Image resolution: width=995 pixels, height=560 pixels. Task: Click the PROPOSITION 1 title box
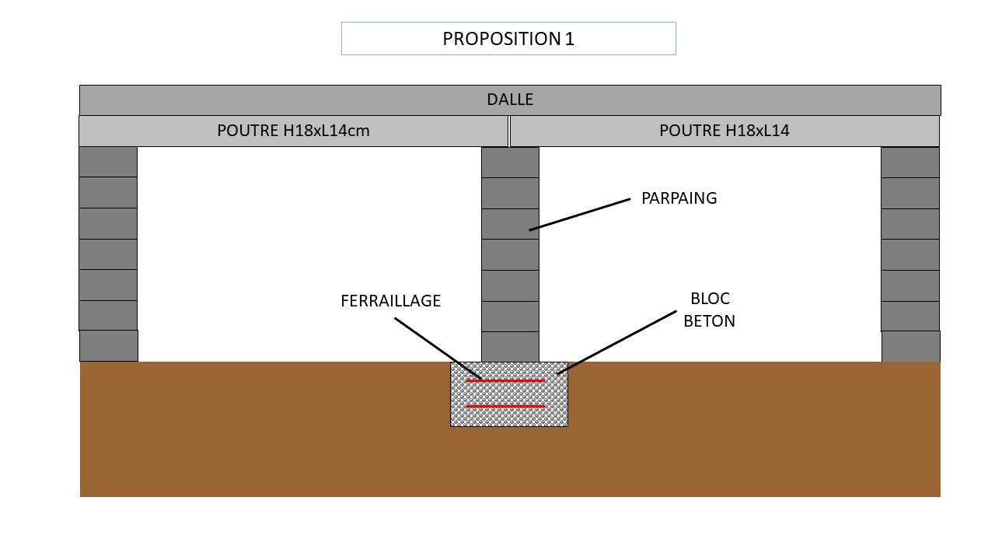[x=508, y=39]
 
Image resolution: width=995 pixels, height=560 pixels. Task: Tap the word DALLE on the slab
[x=510, y=100]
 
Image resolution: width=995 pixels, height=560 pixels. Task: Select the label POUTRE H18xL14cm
[x=293, y=131]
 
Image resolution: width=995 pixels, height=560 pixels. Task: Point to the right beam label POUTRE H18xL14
[x=724, y=131]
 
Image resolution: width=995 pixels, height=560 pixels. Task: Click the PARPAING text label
[x=679, y=198]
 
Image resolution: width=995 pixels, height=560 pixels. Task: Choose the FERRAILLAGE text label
[x=390, y=301]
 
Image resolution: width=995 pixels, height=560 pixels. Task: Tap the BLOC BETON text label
[x=709, y=310]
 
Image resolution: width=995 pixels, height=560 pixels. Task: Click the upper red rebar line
[x=505, y=381]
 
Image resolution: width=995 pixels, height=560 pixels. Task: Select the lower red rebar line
[x=505, y=407]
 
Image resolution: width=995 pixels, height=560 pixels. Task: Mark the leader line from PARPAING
[x=579, y=215]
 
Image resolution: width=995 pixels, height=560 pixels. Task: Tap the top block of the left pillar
[x=108, y=162]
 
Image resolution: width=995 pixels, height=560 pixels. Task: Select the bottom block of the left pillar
[x=109, y=345]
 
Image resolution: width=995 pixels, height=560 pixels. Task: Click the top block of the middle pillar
[x=510, y=163]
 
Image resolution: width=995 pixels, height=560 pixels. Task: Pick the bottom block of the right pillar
[x=910, y=346]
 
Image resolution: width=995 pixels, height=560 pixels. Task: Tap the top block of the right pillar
[x=909, y=163]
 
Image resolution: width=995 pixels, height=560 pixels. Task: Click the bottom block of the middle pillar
[x=510, y=347]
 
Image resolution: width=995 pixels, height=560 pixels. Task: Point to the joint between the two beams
[x=509, y=131]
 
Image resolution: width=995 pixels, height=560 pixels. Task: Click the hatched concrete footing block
[x=509, y=418]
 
